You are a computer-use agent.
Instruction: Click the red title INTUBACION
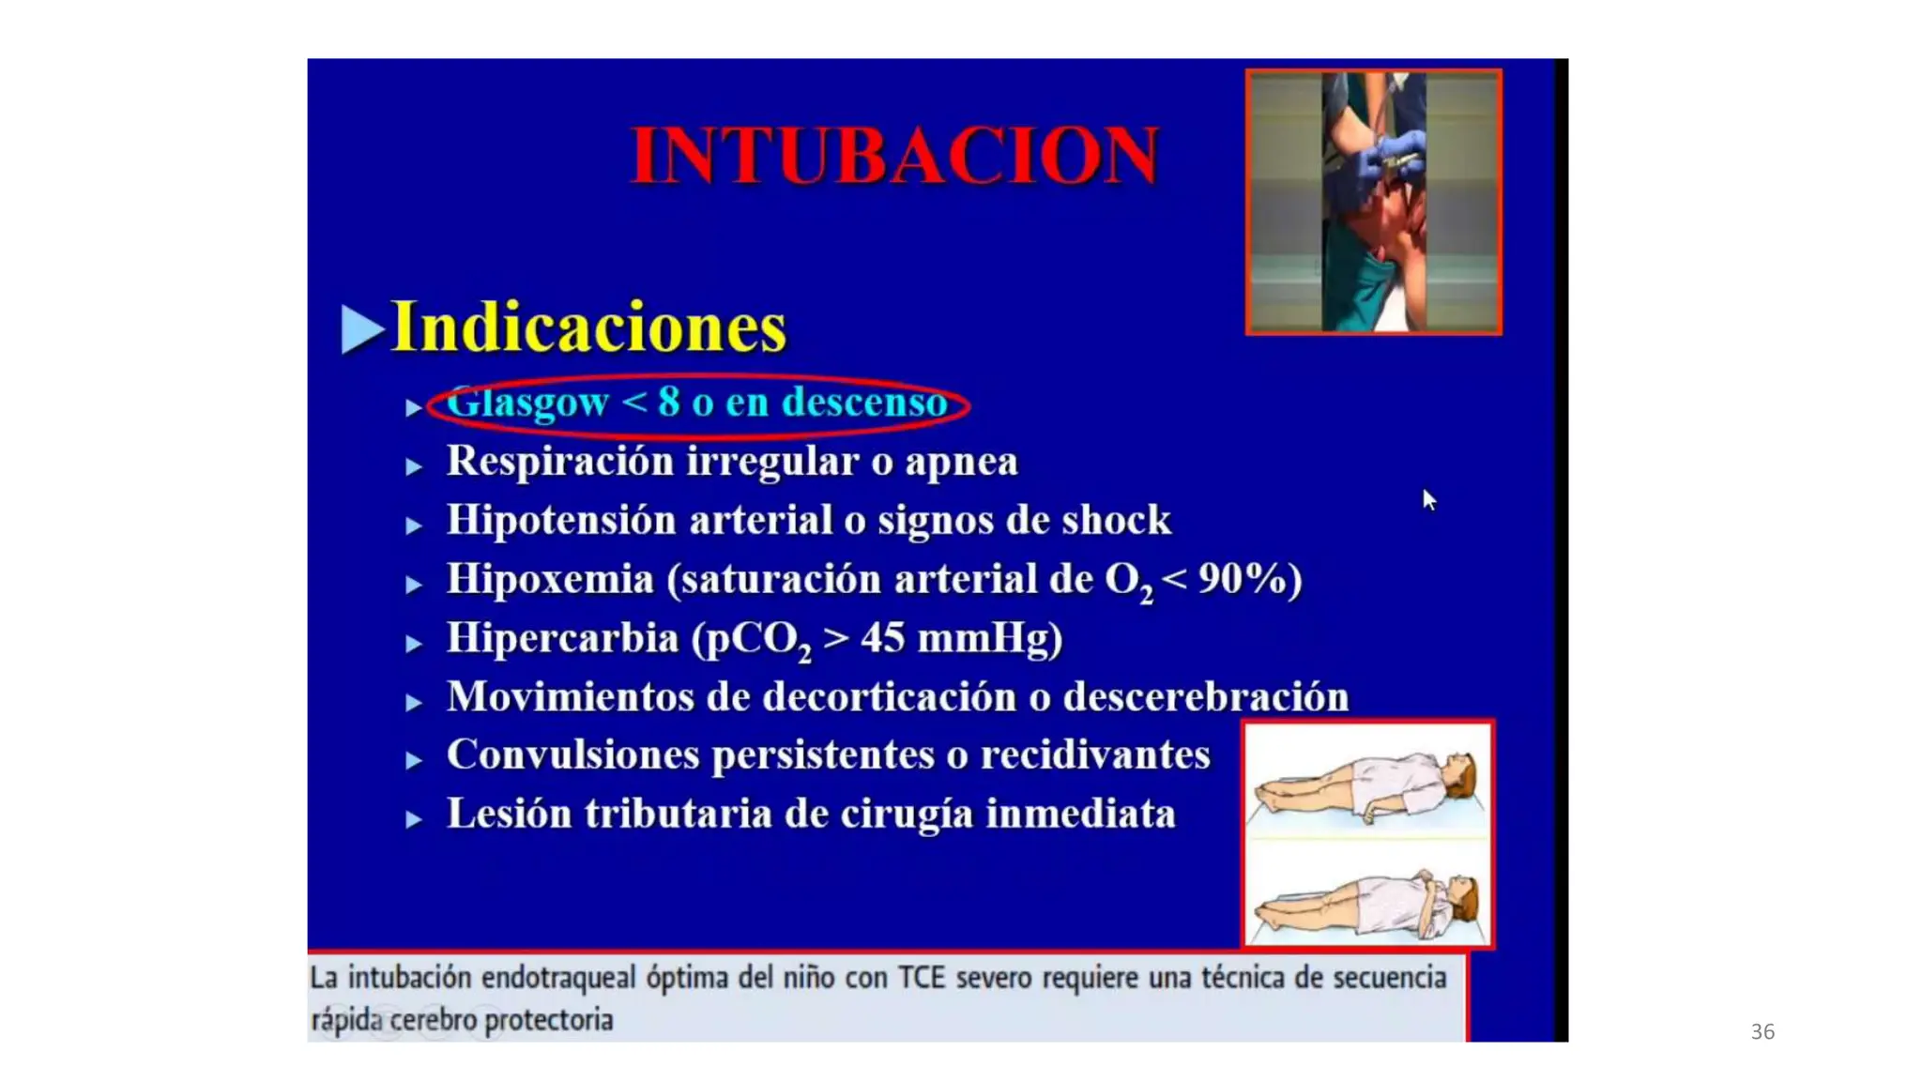[x=894, y=155]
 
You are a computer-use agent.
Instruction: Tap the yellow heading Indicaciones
[x=588, y=327]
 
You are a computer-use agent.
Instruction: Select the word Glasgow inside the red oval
[x=527, y=403]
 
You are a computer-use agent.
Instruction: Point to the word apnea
[x=961, y=462]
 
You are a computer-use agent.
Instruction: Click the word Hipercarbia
[x=562, y=638]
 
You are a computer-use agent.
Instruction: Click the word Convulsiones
[x=573, y=755]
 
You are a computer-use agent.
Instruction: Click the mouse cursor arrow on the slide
[x=1428, y=499]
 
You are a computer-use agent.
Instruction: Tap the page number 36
[x=1762, y=1031]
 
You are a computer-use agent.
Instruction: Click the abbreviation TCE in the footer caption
[x=921, y=978]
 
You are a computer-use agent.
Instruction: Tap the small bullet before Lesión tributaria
[x=414, y=819]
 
